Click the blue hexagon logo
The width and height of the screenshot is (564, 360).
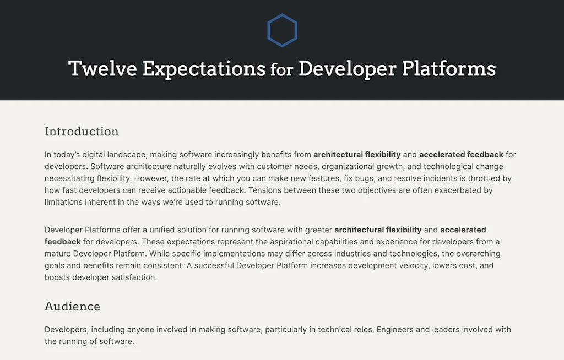coord(282,30)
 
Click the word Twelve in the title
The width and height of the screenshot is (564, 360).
coord(102,69)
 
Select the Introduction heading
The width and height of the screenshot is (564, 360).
coord(82,132)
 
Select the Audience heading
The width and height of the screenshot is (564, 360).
coord(72,307)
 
